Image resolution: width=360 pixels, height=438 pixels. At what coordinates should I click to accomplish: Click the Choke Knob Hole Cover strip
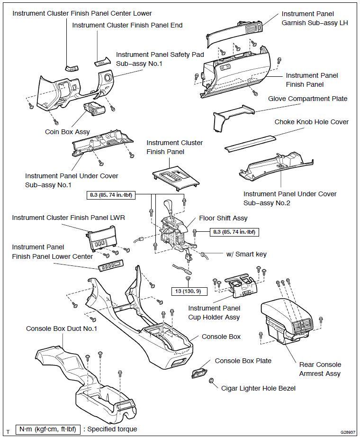pos(250,142)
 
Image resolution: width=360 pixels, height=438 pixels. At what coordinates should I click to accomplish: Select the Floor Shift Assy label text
pos(223,219)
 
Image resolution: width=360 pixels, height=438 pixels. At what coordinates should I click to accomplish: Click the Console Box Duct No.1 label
pos(62,328)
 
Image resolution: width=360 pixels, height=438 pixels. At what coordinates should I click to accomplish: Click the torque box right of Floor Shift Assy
pos(234,232)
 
